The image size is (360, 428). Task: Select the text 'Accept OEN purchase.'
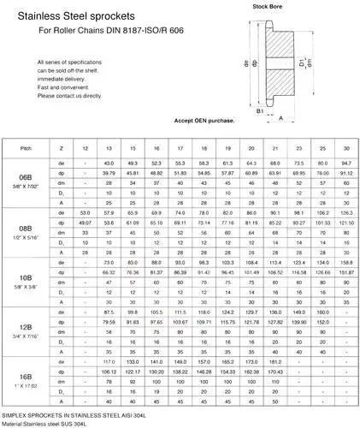[204, 122]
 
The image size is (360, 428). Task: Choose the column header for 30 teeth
[346, 149]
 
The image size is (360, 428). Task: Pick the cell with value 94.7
[346, 163]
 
